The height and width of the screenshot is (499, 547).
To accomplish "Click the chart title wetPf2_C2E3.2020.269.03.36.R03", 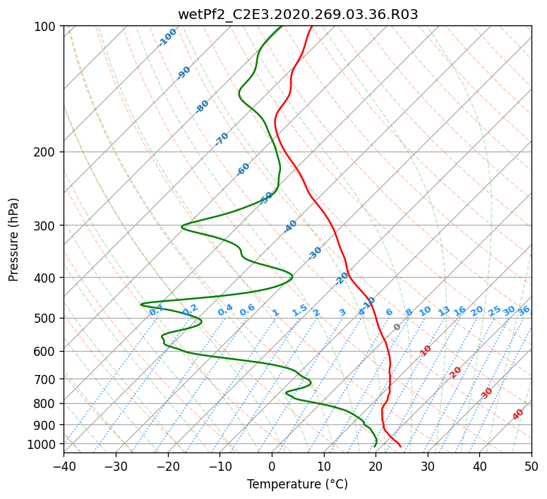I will [x=298, y=14].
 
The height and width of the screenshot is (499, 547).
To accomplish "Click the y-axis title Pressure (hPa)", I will [x=14, y=239].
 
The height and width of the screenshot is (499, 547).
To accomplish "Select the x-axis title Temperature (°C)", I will [x=297, y=484].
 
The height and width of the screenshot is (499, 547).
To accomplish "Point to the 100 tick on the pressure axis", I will [x=47, y=26].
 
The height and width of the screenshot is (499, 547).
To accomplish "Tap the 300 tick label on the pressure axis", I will [x=47, y=226].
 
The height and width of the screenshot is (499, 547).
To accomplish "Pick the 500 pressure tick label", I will [x=47, y=318].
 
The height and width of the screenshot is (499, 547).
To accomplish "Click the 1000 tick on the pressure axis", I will [x=44, y=444].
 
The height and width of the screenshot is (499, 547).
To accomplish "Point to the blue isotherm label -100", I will [x=167, y=37].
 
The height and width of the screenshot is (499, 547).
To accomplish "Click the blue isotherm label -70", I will [x=222, y=139].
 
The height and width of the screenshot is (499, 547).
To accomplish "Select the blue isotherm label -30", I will [x=315, y=253].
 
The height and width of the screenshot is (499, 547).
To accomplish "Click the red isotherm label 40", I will [x=518, y=414].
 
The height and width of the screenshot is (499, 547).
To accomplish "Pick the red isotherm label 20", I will [x=456, y=372].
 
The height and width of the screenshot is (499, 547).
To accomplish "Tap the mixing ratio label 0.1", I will [x=157, y=309].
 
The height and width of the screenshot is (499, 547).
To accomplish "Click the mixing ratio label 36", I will [x=524, y=311].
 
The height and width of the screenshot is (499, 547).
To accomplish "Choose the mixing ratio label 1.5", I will [x=299, y=309].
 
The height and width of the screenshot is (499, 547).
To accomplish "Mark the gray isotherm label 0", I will [x=397, y=327].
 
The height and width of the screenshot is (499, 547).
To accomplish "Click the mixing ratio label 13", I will [x=444, y=311].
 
